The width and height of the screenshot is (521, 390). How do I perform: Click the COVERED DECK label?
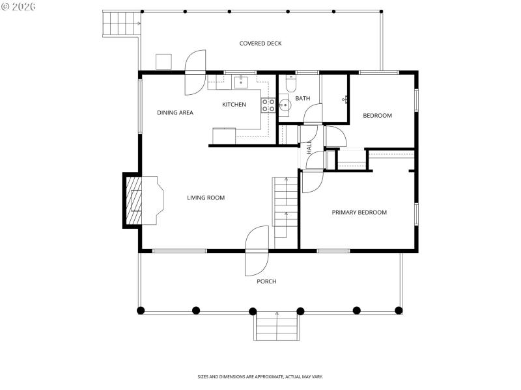(x=260, y=44)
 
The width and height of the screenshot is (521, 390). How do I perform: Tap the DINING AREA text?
(x=175, y=112)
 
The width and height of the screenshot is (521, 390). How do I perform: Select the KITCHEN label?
(x=234, y=105)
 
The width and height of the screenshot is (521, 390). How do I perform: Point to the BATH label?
(x=302, y=99)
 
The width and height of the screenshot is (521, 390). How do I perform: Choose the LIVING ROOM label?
(x=206, y=198)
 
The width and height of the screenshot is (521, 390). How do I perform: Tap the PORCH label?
(x=266, y=281)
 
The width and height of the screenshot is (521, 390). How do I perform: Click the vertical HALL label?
(x=309, y=148)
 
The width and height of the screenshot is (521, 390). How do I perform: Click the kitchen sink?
(x=241, y=82)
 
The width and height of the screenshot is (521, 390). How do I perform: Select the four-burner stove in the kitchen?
(x=268, y=105)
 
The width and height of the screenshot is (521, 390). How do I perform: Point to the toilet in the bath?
(x=290, y=84)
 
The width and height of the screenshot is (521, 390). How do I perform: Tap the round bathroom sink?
(x=285, y=104)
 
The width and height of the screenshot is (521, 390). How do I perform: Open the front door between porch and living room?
(x=257, y=251)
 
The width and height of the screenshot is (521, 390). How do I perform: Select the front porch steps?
(x=277, y=326)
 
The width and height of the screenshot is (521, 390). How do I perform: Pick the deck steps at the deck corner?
(x=121, y=25)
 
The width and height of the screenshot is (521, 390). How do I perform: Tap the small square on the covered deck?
(x=163, y=61)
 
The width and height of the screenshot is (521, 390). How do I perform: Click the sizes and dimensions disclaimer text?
(x=260, y=376)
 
